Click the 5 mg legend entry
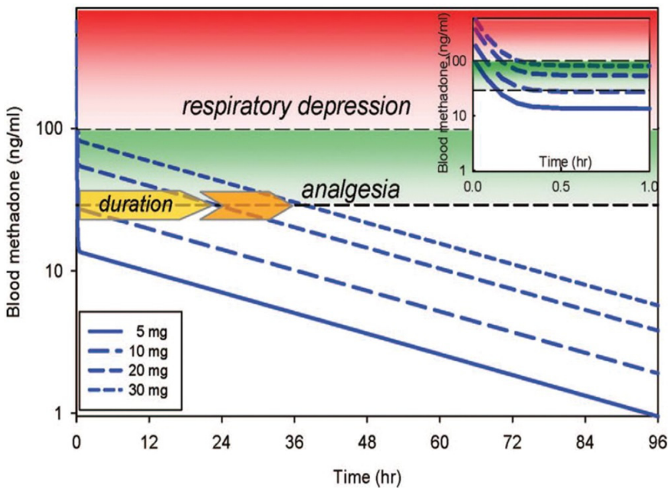click(128, 332)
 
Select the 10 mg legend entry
click(128, 351)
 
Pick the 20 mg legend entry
click(128, 371)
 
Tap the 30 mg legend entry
click(128, 390)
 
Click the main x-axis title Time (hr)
click(367, 477)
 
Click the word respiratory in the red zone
click(234, 107)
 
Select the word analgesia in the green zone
click(350, 190)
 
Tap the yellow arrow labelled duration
click(136, 205)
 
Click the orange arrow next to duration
click(246, 205)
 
